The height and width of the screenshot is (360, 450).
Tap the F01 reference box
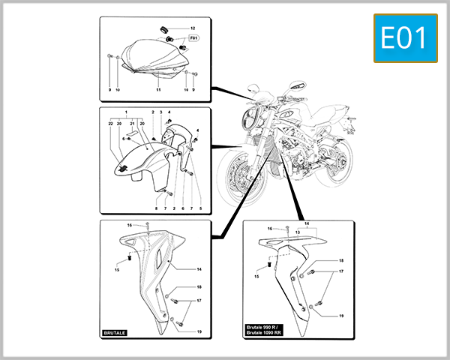(193, 37)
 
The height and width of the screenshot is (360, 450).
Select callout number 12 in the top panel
(192, 27)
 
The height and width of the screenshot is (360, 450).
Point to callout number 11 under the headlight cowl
(158, 90)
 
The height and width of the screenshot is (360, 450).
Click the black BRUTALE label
(118, 331)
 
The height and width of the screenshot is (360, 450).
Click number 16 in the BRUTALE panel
(129, 225)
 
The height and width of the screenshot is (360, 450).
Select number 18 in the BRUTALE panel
(199, 287)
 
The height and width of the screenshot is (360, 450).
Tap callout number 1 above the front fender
(126, 112)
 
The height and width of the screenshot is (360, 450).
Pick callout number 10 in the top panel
(118, 90)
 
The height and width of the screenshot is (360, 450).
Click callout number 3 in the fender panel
(160, 112)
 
